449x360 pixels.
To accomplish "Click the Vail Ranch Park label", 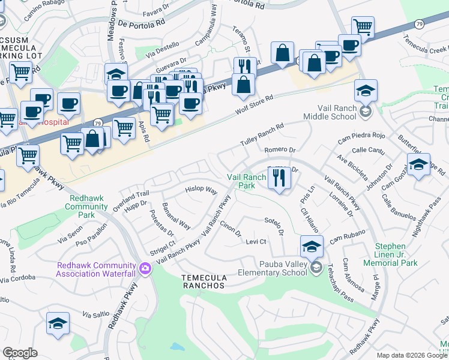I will click(246, 181).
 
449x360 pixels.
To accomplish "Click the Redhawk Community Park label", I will click(88, 205).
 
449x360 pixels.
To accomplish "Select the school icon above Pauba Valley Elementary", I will click(312, 247).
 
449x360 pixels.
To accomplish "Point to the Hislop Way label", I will click(200, 190).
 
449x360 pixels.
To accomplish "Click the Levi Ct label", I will click(256, 241).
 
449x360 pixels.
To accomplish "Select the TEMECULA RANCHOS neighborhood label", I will click(203, 281).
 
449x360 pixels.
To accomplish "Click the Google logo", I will click(20, 353).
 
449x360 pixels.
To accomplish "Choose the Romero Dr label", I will click(280, 149).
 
